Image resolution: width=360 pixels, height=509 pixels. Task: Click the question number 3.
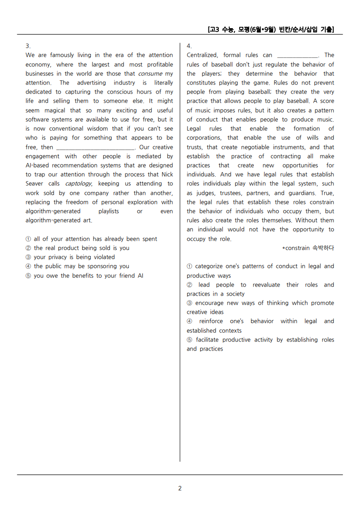[28, 46]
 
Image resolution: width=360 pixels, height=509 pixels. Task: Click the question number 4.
[189, 46]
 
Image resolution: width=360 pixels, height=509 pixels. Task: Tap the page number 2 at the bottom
[180, 488]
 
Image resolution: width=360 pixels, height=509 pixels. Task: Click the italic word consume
[150, 74]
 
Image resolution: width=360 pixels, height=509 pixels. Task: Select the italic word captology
[78, 183]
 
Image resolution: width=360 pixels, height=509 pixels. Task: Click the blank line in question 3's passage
[94, 148]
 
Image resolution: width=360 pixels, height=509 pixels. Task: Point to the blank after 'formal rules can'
[297, 55]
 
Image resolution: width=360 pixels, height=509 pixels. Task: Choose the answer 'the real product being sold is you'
[81, 248]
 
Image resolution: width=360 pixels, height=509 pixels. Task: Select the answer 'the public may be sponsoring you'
[81, 266]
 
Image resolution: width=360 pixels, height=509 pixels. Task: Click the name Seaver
[35, 183]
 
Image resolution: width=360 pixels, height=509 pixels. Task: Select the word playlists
[108, 211]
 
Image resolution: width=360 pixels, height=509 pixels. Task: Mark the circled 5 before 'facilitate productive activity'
[190, 340]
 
